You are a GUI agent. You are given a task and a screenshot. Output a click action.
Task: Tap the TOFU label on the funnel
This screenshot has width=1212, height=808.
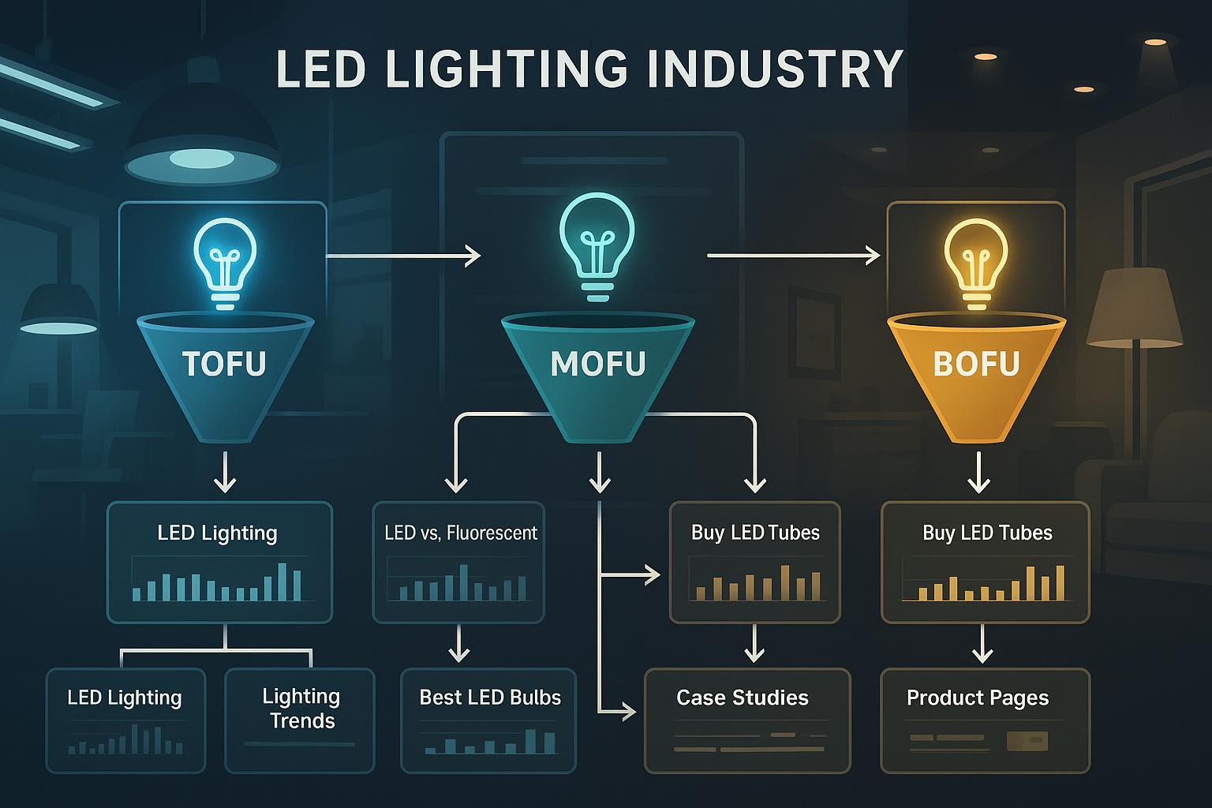coord(224,364)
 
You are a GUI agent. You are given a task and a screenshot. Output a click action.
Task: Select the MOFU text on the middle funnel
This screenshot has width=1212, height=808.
coord(598,364)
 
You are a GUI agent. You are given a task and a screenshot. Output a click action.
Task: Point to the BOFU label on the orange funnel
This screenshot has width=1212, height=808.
coord(976,364)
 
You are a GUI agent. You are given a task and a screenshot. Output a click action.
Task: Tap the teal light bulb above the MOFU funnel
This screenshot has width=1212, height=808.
coord(597,251)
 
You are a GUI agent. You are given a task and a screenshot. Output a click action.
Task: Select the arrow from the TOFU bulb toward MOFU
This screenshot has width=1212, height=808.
coord(402,256)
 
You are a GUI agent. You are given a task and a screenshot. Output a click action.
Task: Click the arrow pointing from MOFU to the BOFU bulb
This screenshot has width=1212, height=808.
coord(793,256)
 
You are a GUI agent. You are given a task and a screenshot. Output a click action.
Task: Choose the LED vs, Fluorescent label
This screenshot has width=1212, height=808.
coord(460,533)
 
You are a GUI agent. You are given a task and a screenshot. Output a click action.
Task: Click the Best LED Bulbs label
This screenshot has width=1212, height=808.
coord(490,698)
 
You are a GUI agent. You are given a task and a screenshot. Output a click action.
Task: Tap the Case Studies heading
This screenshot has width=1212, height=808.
coord(743,698)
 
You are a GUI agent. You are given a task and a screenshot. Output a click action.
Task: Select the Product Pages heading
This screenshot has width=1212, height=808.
coord(978,698)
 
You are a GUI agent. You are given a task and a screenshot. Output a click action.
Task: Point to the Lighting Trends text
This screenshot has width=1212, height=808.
coord(301,708)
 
